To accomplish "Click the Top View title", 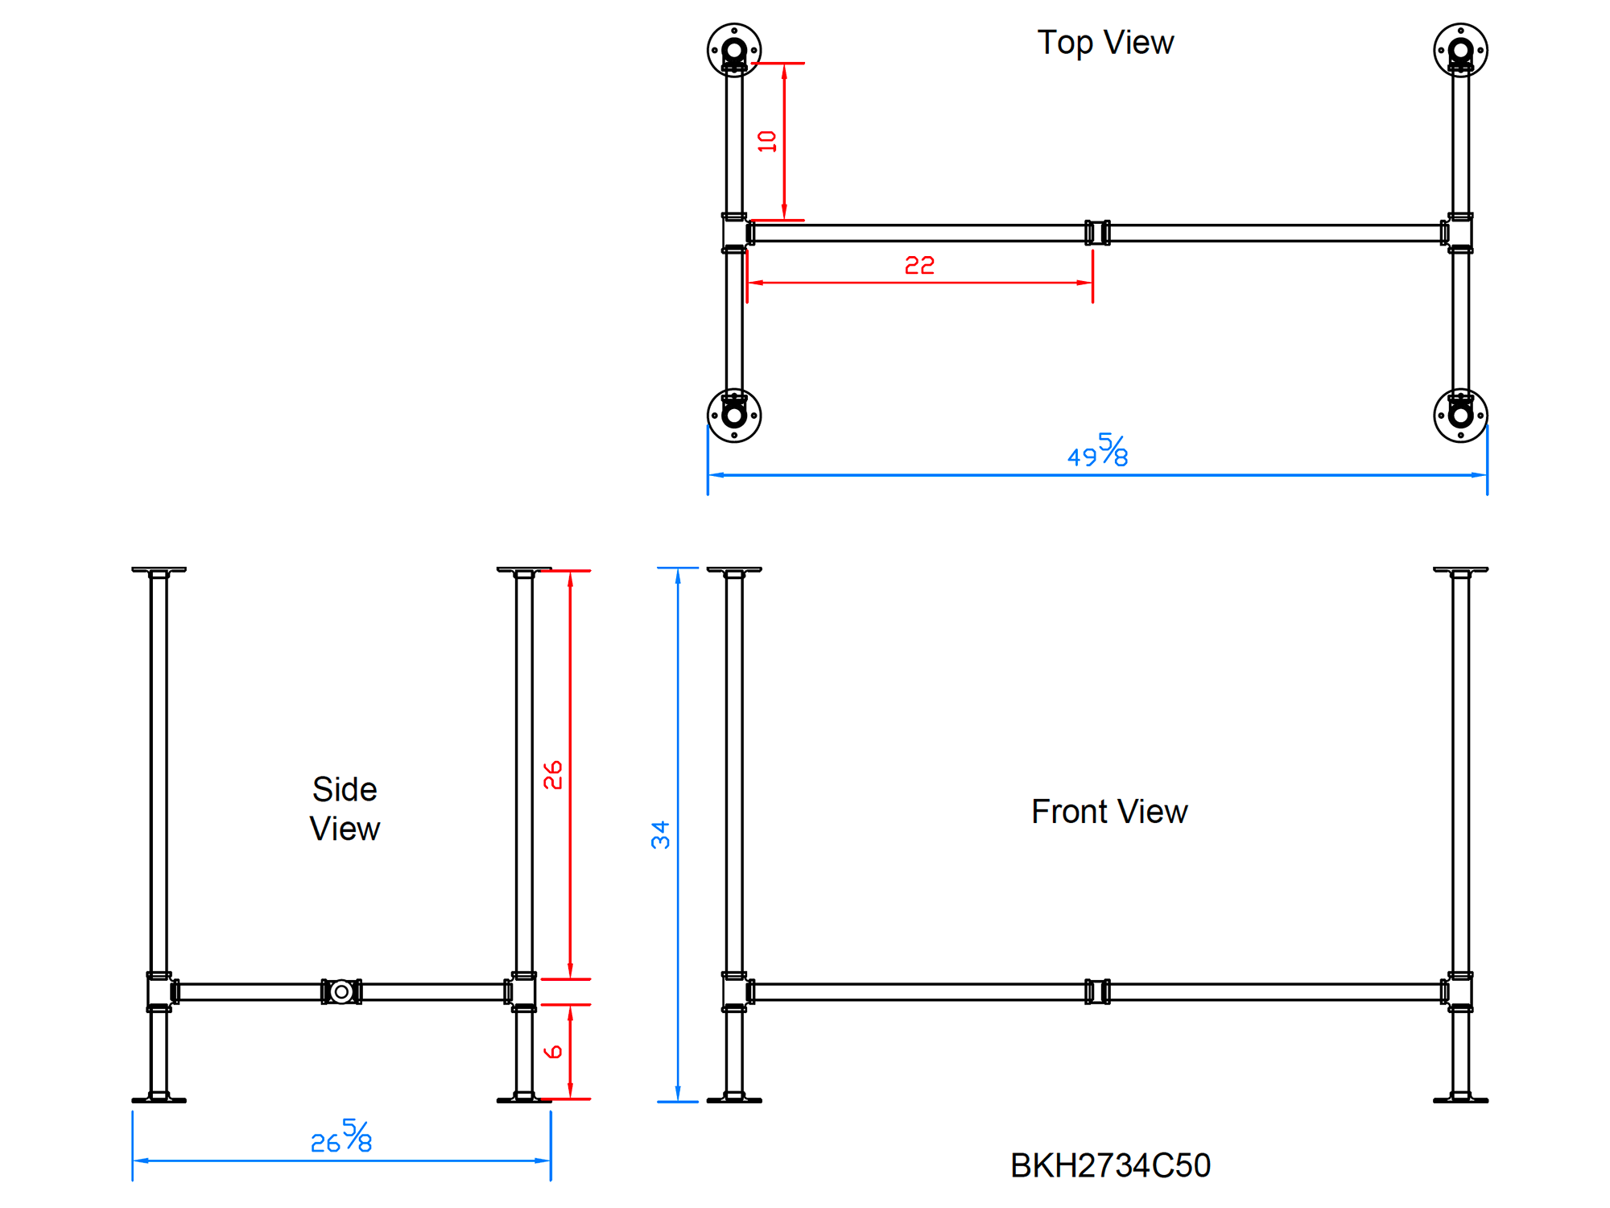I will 1104,43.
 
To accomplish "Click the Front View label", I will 1108,812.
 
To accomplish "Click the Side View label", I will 345,809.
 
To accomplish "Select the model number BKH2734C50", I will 1110,1165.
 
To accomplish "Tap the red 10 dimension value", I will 767,142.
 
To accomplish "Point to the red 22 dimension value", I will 919,265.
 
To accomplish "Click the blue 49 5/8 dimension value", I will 1097,451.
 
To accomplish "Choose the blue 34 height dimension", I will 660,835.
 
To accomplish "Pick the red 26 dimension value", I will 552,775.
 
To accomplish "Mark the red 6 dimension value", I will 552,1052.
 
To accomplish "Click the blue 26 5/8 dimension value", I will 341,1136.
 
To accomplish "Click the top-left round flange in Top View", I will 734,50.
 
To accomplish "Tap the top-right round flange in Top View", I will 1460,50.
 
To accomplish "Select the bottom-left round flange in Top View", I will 734,416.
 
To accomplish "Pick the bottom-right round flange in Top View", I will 1460,416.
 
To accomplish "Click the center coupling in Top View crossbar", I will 1097,233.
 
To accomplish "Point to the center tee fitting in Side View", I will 341,991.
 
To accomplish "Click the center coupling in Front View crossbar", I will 1097,991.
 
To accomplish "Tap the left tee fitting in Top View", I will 734,233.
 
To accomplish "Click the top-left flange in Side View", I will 159,570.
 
